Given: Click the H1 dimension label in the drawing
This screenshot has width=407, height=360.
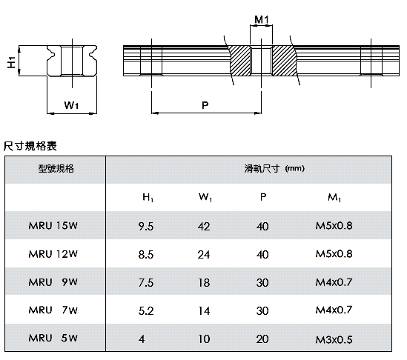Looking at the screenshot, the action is pos(11,62).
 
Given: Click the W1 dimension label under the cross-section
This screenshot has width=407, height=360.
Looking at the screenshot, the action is pos(71,105).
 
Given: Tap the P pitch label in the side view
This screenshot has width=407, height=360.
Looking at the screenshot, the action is pos(205,105).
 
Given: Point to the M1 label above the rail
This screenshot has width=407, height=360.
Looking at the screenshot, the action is pos(262,19).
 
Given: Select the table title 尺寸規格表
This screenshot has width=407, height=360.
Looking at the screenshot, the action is pos(30,146).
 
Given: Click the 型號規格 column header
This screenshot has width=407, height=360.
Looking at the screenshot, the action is pos(56,169).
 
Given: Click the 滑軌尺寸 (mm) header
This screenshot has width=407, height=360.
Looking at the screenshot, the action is pos(274,169).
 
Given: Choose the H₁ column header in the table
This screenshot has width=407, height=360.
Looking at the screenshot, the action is pos(148,197).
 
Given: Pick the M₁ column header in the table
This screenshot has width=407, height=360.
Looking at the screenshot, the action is pos(334,198).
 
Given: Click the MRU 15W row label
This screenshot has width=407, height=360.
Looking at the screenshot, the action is pos(53,226).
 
